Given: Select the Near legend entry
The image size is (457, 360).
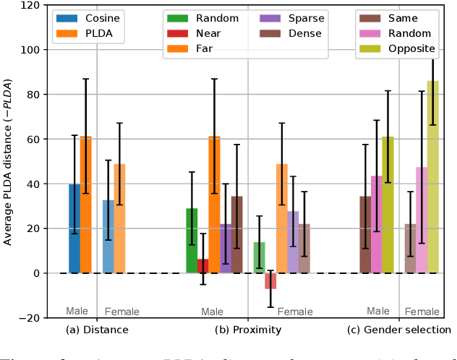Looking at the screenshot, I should [210, 33].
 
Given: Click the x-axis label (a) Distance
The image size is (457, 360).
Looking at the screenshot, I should [97, 330].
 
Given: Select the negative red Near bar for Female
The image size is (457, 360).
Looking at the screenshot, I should [270, 281].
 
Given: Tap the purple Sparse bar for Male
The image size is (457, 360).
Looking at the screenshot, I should [226, 249].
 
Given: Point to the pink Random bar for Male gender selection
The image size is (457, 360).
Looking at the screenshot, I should [377, 224].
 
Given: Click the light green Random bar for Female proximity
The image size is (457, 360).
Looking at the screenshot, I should [259, 258].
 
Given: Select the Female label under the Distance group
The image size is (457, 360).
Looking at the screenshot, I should [122, 312].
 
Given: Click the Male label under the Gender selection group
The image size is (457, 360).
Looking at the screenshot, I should [377, 311].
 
